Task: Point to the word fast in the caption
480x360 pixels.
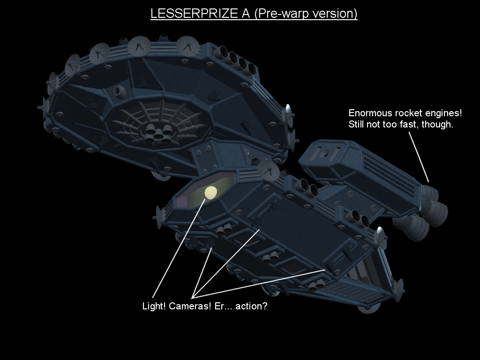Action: pyautogui.click(x=413, y=125)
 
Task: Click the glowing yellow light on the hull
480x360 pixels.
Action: pyautogui.click(x=210, y=192)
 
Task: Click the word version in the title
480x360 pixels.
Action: pyautogui.click(x=334, y=14)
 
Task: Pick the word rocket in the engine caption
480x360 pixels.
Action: pyautogui.click(x=407, y=113)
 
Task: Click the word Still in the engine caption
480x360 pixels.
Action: pyautogui.click(x=357, y=125)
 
